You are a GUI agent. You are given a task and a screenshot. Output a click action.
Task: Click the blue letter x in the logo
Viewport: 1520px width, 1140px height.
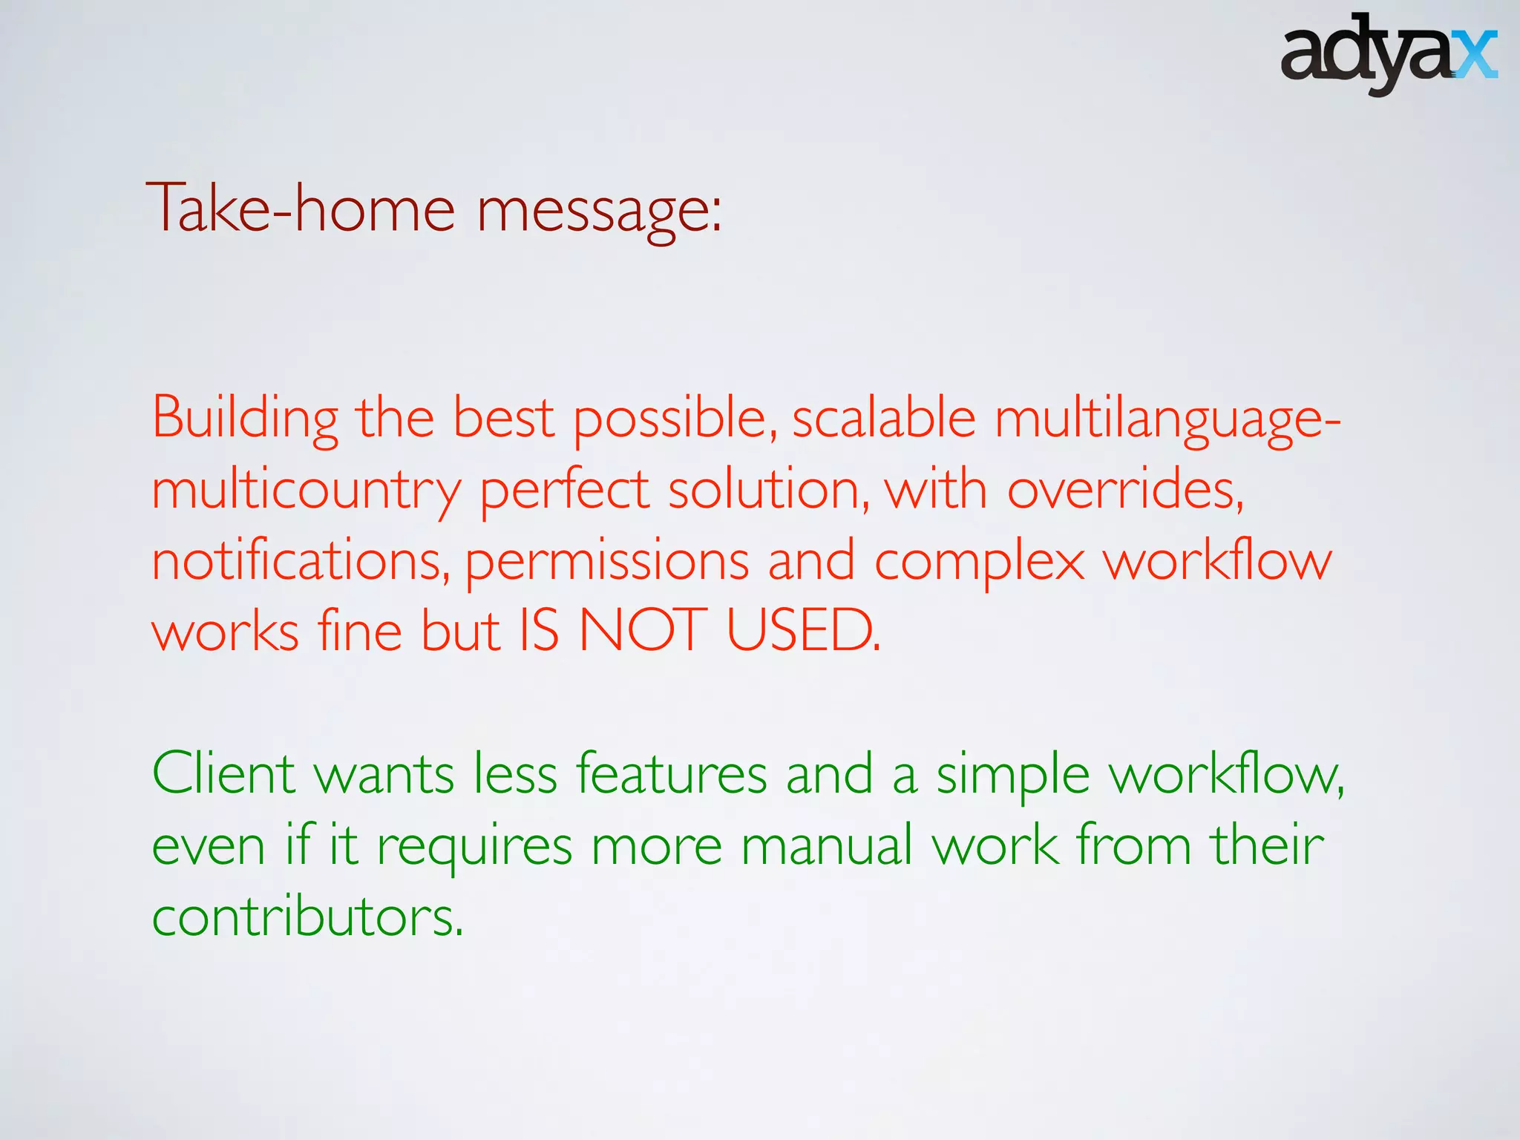click(1473, 55)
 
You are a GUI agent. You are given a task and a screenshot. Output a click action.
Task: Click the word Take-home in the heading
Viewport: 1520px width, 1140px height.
click(300, 209)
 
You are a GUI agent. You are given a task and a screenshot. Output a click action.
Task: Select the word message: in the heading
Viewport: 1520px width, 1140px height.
click(598, 212)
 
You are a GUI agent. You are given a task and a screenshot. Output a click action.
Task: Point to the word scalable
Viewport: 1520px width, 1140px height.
click(883, 418)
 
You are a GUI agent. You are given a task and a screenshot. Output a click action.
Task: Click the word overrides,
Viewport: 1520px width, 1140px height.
click(1125, 490)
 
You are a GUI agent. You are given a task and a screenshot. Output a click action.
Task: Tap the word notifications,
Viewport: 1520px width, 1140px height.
click(301, 561)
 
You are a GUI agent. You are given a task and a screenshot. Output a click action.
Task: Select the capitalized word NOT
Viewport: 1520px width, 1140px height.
click(642, 631)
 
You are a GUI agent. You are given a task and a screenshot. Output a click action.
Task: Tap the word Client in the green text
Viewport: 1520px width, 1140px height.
click(223, 773)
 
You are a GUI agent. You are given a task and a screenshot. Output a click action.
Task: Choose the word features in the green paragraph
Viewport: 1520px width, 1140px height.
click(671, 773)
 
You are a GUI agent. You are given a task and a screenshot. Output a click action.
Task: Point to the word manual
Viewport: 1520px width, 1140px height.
click(826, 845)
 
